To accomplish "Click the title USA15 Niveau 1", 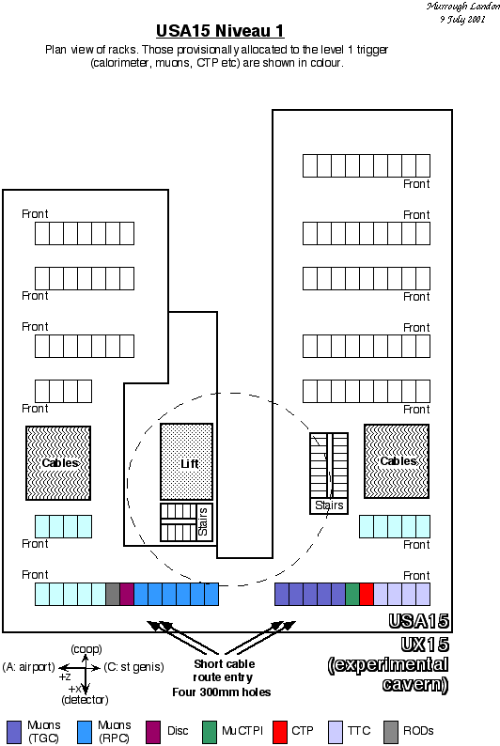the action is (220, 31).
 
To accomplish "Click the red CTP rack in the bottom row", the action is (367, 594).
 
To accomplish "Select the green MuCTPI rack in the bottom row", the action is (352, 594).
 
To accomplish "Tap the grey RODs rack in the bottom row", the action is (113, 594).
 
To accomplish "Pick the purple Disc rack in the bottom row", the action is (127, 594).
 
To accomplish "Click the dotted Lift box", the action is (186, 461).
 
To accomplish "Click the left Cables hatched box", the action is (58, 463).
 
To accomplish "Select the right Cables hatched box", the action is (397, 461).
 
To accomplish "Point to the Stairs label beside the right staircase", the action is (329, 505).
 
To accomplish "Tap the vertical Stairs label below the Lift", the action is (203, 521).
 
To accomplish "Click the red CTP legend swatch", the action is (280, 732).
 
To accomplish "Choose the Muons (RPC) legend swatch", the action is (85, 732).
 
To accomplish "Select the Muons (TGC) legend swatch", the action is (14, 732).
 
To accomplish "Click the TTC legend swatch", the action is (336, 732).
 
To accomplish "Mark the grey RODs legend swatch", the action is (391, 732).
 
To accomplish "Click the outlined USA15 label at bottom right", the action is (418, 621).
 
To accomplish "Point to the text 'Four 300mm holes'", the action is (222, 692).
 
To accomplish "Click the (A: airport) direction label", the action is (29, 667).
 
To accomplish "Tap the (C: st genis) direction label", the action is (133, 667).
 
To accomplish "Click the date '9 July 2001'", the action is (463, 20).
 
